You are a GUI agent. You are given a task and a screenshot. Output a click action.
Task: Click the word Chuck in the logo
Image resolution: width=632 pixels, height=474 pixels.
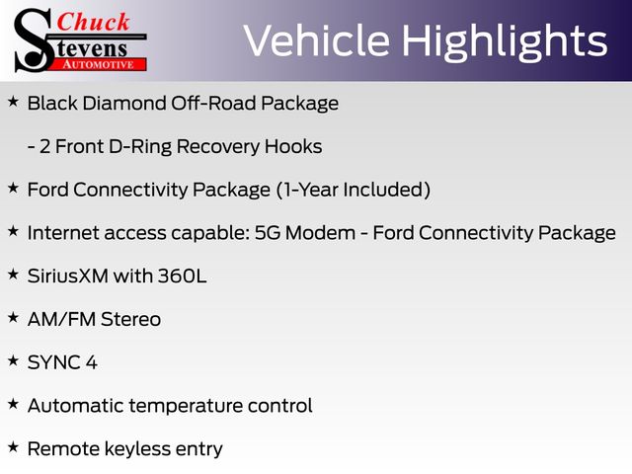93,22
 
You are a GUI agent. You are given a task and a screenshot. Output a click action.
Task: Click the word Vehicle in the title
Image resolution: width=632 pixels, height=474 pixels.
317,40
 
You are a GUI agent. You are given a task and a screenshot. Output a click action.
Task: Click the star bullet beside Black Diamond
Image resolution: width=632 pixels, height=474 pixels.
13,102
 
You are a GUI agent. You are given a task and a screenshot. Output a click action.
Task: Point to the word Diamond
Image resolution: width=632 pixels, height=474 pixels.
124,103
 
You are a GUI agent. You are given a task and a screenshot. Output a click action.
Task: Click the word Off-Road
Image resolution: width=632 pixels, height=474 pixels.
213,103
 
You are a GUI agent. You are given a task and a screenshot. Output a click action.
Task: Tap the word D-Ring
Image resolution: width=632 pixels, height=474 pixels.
140,147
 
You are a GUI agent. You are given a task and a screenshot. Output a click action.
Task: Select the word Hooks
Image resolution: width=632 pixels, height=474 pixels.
293,146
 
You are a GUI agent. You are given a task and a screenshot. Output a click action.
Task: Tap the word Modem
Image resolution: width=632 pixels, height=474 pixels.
320,233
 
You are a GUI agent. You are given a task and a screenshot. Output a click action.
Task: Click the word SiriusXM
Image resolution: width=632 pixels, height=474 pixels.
68,276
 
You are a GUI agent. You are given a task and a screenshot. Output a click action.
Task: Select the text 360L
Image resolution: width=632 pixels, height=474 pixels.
182,276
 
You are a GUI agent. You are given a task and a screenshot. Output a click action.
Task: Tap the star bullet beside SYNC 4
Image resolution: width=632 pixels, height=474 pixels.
13,360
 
